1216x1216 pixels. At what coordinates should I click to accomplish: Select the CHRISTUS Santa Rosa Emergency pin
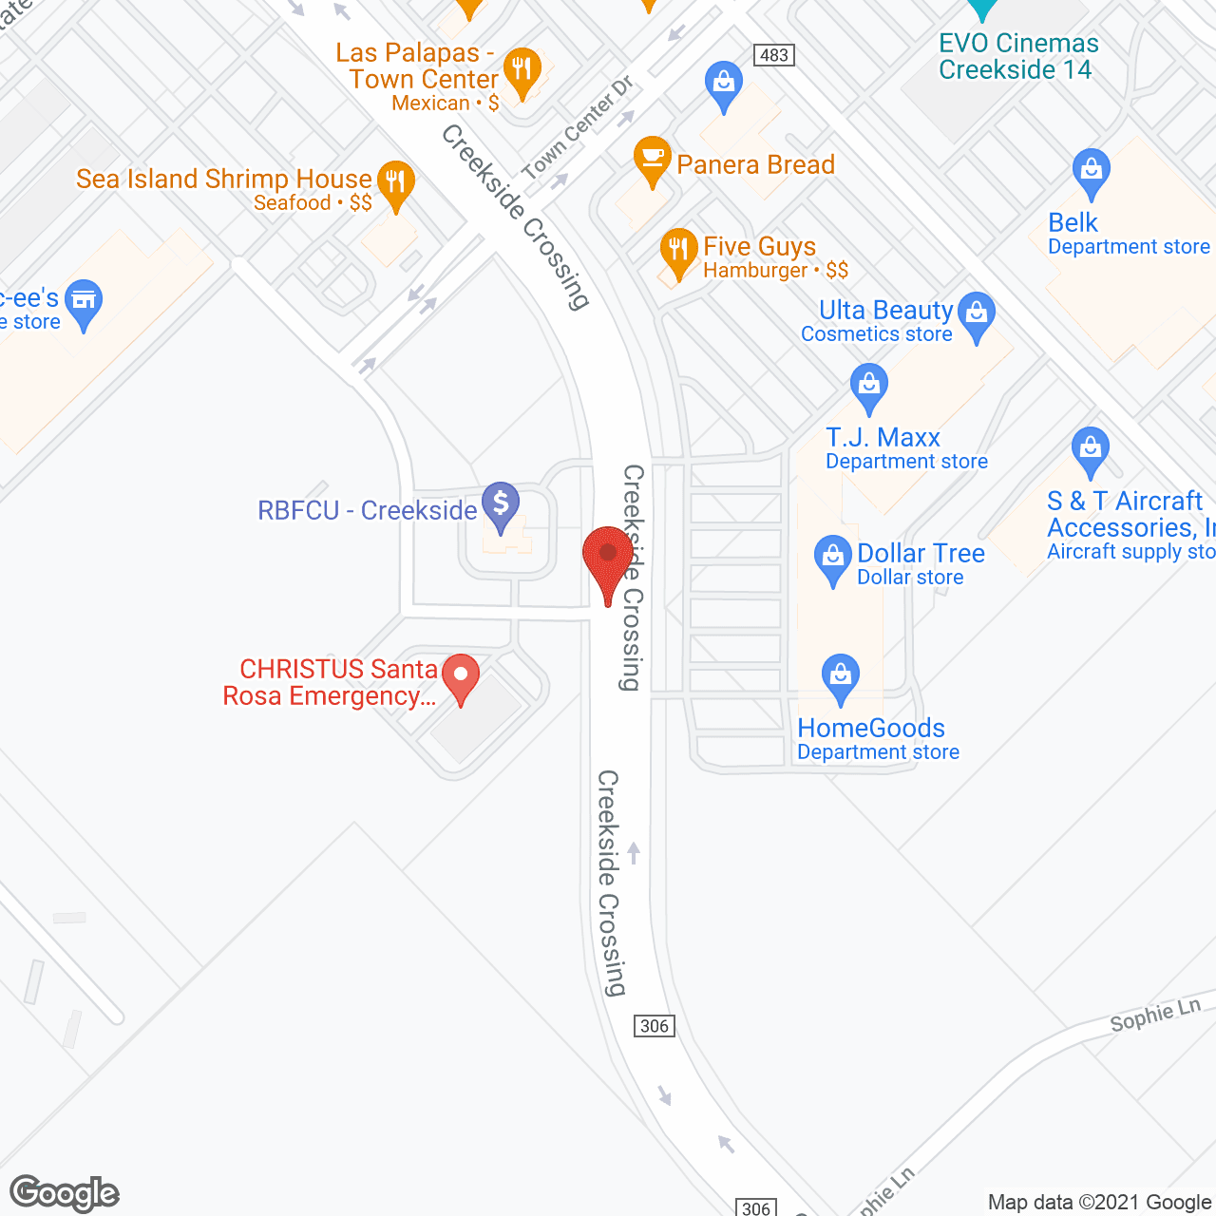click(x=462, y=678)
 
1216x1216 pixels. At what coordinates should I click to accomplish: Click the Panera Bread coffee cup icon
click(x=652, y=159)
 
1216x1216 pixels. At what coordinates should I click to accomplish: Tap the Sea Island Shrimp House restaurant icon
click(x=395, y=182)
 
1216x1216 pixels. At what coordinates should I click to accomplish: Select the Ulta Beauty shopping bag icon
click(x=976, y=314)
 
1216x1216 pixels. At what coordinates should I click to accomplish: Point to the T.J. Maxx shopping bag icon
click(x=868, y=386)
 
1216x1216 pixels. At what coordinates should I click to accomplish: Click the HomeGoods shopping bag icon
click(x=840, y=676)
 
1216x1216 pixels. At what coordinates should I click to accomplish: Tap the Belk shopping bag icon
click(x=1091, y=172)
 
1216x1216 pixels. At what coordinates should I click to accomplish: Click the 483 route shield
click(x=774, y=55)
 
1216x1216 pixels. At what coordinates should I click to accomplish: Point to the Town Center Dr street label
click(x=577, y=129)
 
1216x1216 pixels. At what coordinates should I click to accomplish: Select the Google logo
click(x=65, y=1193)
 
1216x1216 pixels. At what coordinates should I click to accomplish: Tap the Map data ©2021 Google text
click(x=1100, y=1202)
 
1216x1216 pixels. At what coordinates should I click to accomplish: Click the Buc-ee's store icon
click(x=84, y=302)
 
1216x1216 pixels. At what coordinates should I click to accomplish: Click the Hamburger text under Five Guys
click(x=754, y=271)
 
